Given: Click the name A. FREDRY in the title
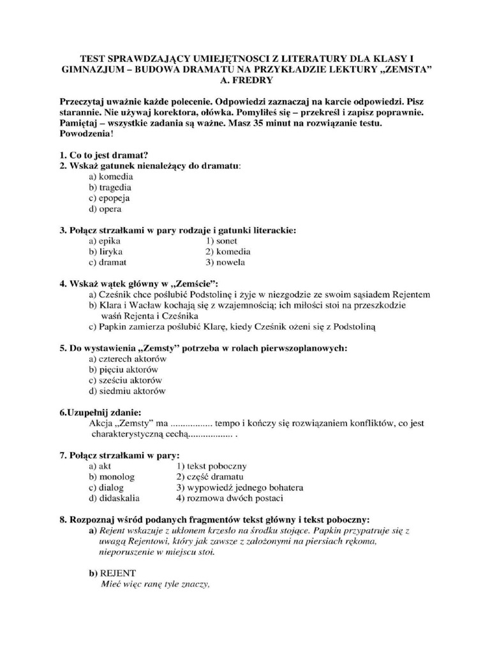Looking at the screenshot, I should click(x=246, y=81).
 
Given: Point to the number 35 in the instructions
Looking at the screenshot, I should click(x=298, y=124).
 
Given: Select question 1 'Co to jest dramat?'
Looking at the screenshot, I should click(x=103, y=155).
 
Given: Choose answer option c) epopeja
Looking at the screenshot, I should click(x=110, y=198).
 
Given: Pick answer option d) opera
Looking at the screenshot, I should click(x=105, y=209).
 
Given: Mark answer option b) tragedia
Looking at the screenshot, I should click(x=110, y=187).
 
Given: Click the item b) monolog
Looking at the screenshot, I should click(x=111, y=477).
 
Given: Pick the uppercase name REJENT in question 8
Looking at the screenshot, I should click(x=123, y=573).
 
